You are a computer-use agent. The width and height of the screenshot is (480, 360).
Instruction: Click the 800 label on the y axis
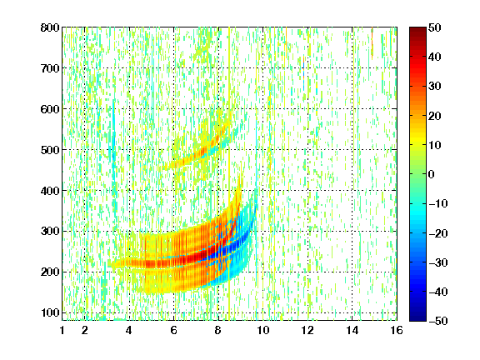point(50,27)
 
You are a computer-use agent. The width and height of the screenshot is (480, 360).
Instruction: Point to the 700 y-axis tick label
point(50,68)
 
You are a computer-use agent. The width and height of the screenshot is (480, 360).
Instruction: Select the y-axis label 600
point(50,109)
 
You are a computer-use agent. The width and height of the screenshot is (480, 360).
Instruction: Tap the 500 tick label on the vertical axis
point(50,150)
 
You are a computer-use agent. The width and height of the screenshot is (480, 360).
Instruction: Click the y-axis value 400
point(50,191)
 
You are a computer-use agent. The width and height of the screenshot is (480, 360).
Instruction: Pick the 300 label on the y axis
point(50,232)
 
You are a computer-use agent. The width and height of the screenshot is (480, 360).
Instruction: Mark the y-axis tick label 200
point(50,272)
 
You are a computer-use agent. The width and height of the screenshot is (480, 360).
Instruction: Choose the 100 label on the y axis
point(50,312)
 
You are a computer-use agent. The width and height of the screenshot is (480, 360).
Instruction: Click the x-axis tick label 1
point(62,330)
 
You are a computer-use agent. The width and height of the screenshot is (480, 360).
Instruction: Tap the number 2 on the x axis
point(85,330)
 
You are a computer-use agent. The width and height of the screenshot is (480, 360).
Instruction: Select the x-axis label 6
point(174,330)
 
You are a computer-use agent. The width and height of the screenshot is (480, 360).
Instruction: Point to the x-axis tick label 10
point(263,330)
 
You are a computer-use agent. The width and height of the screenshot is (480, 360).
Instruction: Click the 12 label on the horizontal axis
point(307,330)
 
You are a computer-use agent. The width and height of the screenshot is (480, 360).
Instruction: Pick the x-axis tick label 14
point(352,330)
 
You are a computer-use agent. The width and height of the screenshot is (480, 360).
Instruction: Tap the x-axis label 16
point(397,330)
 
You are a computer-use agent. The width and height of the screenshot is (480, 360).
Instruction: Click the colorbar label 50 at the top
point(435,27)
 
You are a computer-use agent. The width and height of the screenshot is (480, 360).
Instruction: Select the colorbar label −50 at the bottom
point(438,321)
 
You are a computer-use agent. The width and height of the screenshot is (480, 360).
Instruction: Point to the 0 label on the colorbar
point(432,174)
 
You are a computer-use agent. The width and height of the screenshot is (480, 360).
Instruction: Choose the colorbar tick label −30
point(438,262)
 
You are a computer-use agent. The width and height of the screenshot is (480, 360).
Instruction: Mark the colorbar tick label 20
point(435,116)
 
